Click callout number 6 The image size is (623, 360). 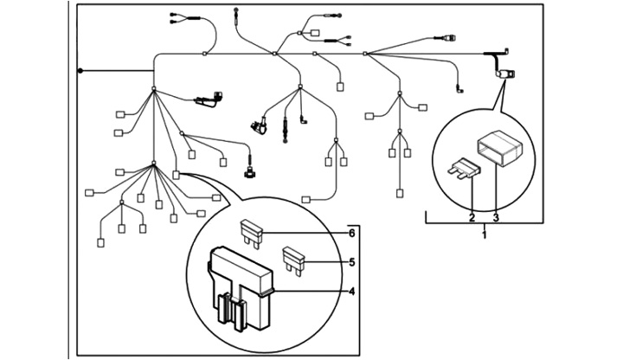[x=352, y=234]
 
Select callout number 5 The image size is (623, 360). [x=352, y=261]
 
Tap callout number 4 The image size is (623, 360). [x=352, y=291]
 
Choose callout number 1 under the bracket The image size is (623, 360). [x=484, y=234]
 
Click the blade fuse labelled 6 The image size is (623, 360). [x=251, y=229]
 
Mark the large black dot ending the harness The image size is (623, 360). [x=80, y=70]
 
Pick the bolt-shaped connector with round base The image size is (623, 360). [x=249, y=170]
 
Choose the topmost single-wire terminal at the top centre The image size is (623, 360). [x=235, y=11]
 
